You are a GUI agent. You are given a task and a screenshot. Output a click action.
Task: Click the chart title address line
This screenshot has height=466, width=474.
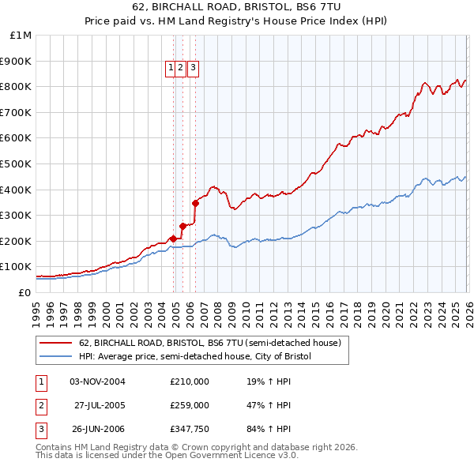tap(236, 8)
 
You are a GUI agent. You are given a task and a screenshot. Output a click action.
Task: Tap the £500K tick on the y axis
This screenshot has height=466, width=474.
tap(17, 163)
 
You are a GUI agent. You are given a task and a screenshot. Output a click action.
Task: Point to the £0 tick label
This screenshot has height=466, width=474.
tap(24, 292)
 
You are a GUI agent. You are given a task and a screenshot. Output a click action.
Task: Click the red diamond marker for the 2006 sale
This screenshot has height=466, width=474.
tap(195, 203)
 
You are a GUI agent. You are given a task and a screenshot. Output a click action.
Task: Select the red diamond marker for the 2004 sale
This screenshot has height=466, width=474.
tap(173, 238)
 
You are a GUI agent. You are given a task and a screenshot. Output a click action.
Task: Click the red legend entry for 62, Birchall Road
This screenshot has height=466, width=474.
tap(209, 344)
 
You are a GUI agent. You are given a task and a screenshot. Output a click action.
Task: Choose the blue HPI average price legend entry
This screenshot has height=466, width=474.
tap(195, 357)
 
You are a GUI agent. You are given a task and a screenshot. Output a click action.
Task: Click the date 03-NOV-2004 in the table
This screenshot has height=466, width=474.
tap(98, 381)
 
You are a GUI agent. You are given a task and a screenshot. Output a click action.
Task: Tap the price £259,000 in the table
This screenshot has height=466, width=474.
tap(189, 405)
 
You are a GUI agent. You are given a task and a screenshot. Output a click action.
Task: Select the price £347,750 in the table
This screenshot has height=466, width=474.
tap(189, 430)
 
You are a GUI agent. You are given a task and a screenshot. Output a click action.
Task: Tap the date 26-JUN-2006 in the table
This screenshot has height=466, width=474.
tap(98, 430)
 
